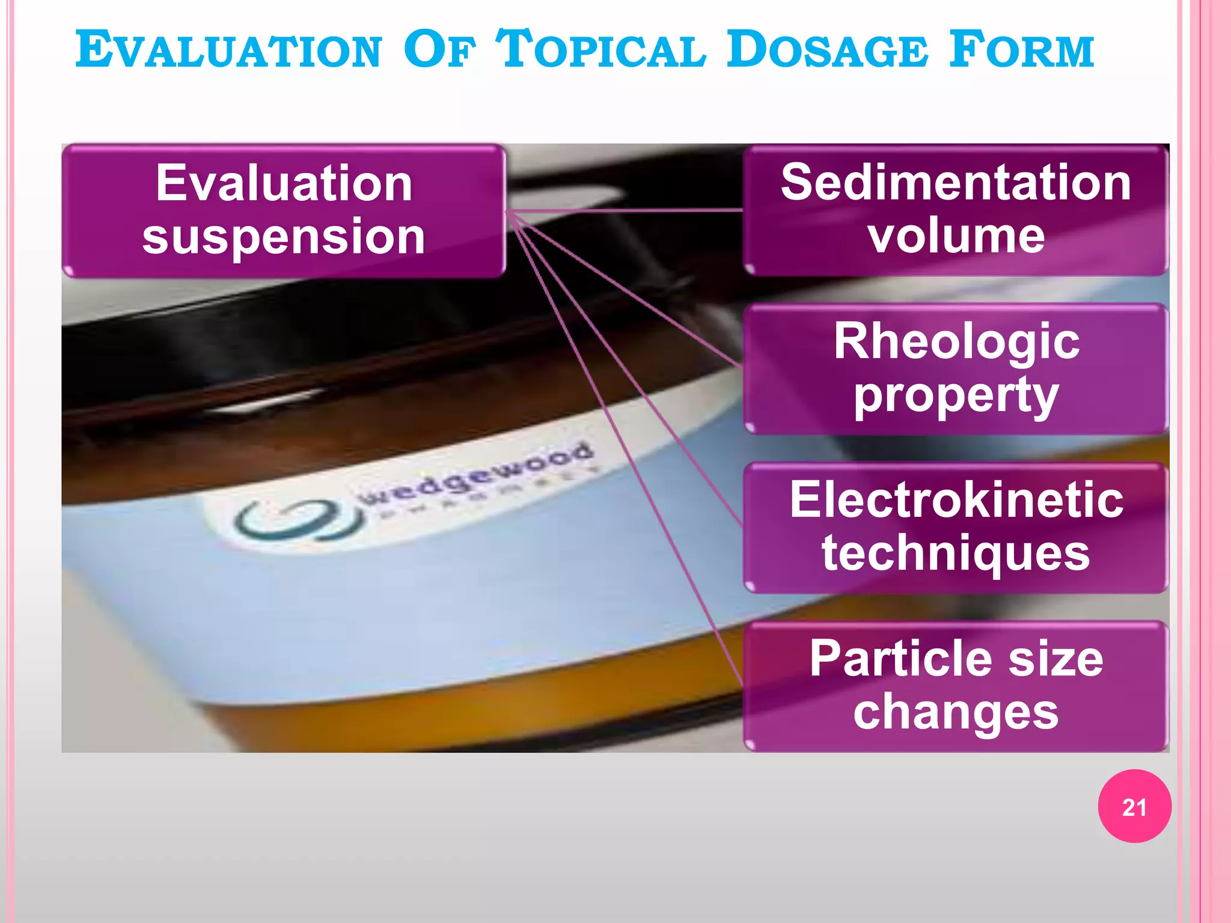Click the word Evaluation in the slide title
229,50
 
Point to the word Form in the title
1022,50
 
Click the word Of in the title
439,50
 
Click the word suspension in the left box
284,236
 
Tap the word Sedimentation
956,183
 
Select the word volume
956,236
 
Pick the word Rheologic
956,341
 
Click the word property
956,395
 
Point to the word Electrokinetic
956,499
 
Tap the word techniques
956,553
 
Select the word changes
956,712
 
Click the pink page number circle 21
1134,806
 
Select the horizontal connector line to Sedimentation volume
625,210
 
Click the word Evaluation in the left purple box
284,183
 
